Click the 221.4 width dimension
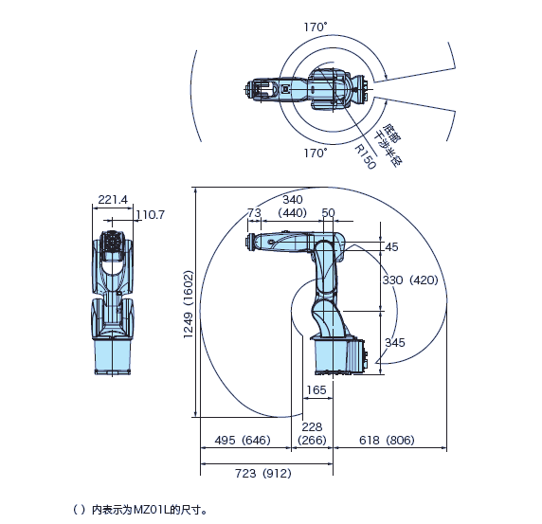click(x=113, y=199)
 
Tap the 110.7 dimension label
click(x=151, y=215)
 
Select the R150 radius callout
click(x=365, y=157)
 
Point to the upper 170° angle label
click(x=316, y=27)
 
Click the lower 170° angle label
click(x=316, y=153)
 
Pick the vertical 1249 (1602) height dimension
click(x=188, y=304)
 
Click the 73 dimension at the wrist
click(x=254, y=212)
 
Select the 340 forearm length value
click(x=293, y=199)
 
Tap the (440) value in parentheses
click(x=293, y=212)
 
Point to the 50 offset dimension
click(x=328, y=212)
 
